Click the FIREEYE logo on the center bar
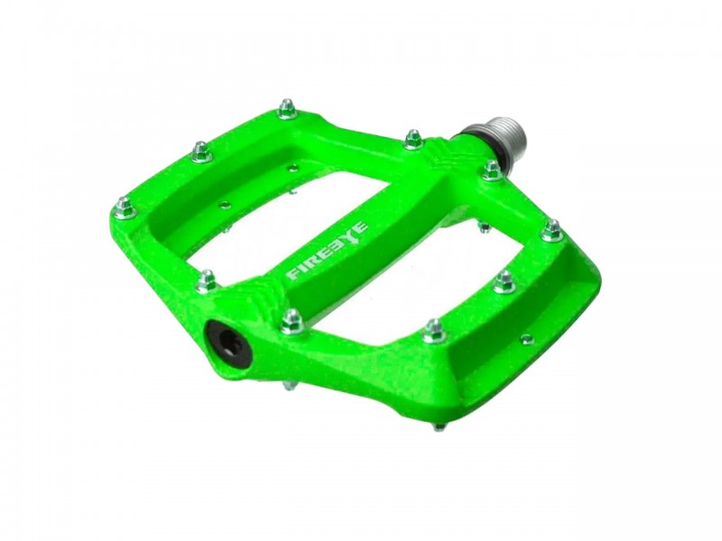click(329, 252)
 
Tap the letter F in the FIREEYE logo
click(292, 274)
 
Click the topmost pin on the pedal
click(287, 108)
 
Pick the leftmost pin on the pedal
click(125, 208)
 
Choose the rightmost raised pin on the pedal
click(552, 231)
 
